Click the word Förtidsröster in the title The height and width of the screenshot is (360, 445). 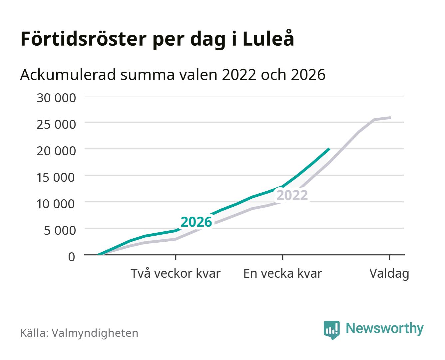[83, 39]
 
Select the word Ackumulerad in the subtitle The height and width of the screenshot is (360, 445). [68, 75]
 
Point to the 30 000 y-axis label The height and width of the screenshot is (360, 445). [56, 98]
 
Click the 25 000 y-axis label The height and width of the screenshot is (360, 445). [56, 124]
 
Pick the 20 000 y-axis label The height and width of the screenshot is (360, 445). [56, 151]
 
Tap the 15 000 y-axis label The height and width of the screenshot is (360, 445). [56, 177]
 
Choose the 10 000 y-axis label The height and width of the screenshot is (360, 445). [56, 204]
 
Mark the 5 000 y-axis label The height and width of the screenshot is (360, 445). [60, 230]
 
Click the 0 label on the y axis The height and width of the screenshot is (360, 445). [72, 257]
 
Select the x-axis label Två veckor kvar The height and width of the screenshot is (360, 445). [176, 273]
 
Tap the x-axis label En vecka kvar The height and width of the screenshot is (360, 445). [283, 273]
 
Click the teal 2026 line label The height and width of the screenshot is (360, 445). [196, 222]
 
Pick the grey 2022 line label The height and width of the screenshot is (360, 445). [292, 195]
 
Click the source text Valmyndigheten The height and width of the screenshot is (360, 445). [95, 333]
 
